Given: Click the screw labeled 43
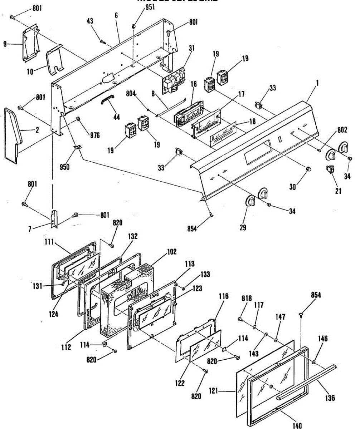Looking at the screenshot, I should (103, 42).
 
